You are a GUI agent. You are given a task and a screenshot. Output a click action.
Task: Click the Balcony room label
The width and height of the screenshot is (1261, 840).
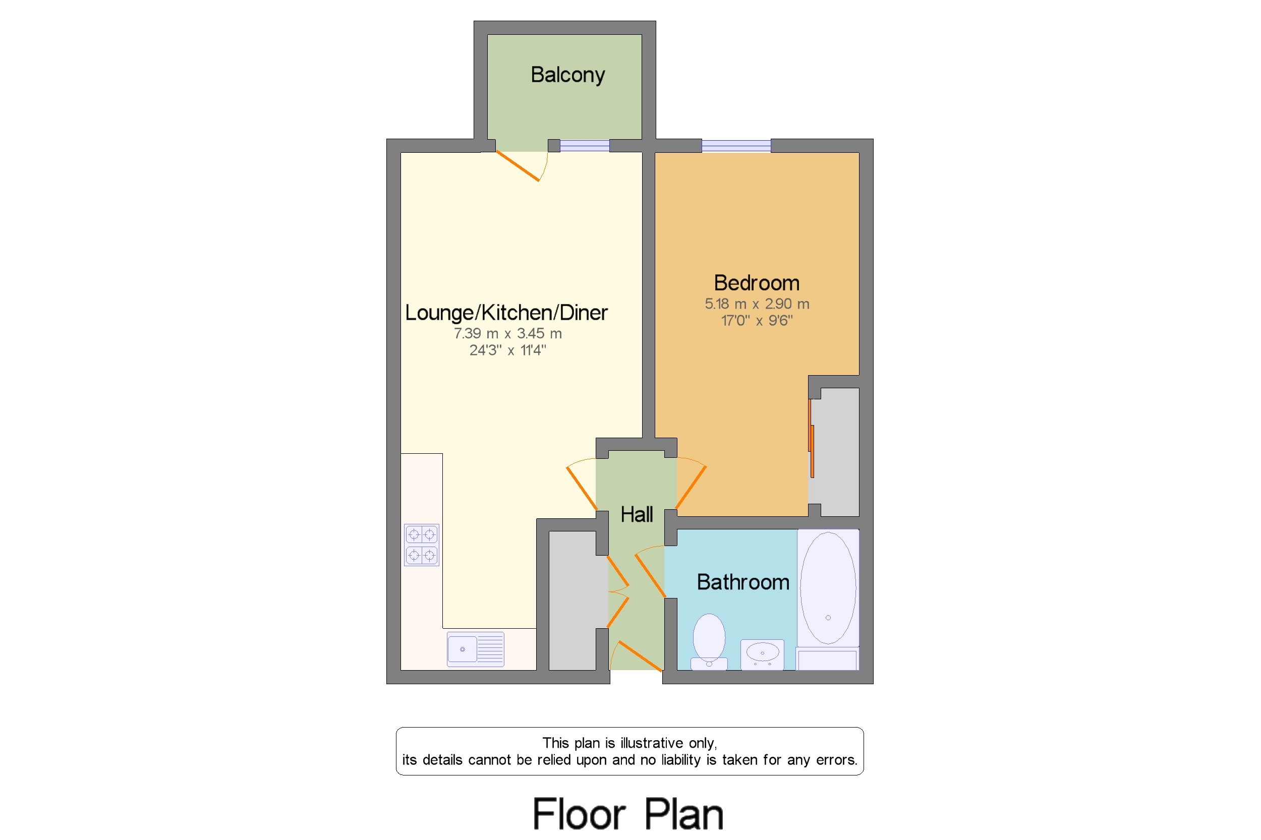click(x=567, y=75)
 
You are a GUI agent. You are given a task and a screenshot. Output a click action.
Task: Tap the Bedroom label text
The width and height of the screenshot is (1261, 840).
click(x=756, y=283)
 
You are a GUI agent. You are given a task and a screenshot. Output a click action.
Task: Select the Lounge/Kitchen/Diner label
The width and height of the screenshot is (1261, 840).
click(x=506, y=312)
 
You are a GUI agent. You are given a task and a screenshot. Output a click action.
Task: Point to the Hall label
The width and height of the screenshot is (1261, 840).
click(x=636, y=514)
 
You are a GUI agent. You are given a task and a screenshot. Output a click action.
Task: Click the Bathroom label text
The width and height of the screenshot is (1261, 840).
click(x=742, y=582)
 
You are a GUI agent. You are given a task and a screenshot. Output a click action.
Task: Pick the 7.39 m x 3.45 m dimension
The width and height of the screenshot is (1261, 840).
click(x=507, y=333)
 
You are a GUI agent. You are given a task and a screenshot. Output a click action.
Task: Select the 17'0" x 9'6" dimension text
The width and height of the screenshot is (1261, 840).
click(x=756, y=320)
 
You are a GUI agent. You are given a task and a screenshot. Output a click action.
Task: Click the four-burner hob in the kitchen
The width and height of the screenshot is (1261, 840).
click(x=421, y=545)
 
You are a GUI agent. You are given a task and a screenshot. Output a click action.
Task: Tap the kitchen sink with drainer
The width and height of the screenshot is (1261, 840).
click(x=475, y=649)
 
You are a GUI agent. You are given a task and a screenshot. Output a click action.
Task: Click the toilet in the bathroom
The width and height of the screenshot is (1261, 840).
click(x=709, y=642)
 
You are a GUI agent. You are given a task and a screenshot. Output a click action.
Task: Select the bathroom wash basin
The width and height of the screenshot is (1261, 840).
click(x=762, y=653)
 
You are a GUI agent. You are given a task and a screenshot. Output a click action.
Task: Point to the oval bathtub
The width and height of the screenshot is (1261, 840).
click(x=827, y=588)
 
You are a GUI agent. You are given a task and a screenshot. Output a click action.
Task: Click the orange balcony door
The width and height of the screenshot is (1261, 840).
click(x=518, y=165)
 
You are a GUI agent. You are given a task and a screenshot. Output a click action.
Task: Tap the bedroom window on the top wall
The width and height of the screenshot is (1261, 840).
click(x=736, y=145)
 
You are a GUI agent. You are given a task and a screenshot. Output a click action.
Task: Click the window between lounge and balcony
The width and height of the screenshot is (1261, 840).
click(x=584, y=145)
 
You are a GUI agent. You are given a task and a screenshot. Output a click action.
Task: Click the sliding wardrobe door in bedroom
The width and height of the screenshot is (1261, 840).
click(x=811, y=438)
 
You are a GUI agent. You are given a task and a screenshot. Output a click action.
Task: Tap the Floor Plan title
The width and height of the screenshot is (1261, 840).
click(x=627, y=813)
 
